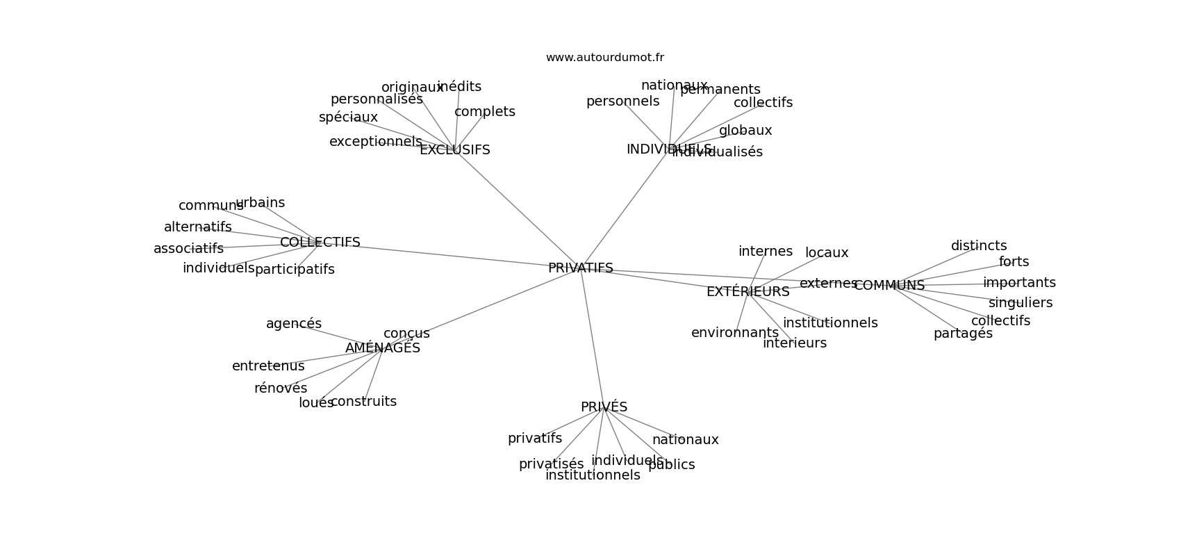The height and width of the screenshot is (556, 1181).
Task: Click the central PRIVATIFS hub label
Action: tap(580, 268)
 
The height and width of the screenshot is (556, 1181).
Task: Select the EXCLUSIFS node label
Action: tap(454, 150)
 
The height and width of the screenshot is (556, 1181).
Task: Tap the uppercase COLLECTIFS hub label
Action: tap(320, 243)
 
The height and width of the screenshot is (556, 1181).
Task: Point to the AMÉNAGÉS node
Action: tap(382, 348)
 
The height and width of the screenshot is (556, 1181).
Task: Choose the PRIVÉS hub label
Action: tap(604, 407)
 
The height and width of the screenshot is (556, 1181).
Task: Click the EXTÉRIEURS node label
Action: tap(748, 292)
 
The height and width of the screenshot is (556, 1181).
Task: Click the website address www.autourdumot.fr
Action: tap(604, 58)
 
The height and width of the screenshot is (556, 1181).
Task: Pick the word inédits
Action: tap(459, 87)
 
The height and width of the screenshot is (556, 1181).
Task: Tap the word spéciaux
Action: tap(348, 117)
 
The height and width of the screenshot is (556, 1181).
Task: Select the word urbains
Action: tap(260, 203)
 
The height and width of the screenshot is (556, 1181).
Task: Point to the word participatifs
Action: tap(295, 270)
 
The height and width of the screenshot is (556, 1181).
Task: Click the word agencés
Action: tap(294, 324)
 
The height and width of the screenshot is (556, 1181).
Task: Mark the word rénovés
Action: tap(281, 389)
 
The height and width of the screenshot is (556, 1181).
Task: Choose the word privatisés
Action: tap(551, 464)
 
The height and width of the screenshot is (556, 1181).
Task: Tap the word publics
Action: tap(671, 465)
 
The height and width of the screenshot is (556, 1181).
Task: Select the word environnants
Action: tap(734, 333)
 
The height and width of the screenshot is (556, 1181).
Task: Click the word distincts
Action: tap(978, 246)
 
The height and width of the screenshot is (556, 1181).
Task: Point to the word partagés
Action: tap(963, 334)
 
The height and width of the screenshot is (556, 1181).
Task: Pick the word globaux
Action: tap(745, 131)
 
